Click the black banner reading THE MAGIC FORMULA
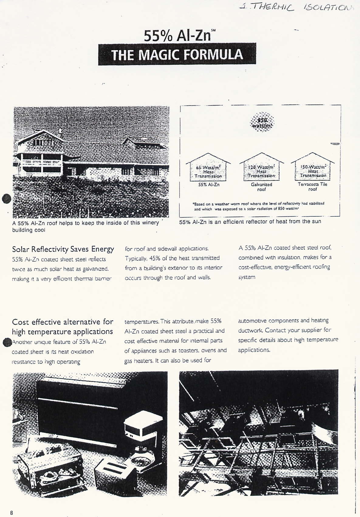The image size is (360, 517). [177, 54]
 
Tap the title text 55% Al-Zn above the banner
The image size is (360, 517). [177, 36]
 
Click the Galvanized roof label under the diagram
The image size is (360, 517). [262, 187]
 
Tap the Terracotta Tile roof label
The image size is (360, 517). [313, 187]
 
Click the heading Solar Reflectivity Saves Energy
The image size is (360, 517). [63, 249]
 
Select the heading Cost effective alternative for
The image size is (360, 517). [63, 322]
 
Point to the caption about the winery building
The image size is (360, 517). [85, 226]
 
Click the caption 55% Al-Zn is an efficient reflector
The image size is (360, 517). [250, 222]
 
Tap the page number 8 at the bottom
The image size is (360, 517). [12, 513]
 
